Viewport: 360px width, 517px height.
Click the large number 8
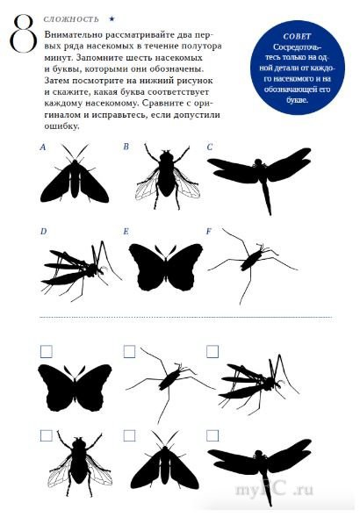[x=23, y=33]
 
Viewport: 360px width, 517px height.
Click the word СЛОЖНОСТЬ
[x=71, y=19]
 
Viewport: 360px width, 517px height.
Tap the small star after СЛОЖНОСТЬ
[x=112, y=19]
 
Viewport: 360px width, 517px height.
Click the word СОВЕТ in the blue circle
[x=297, y=37]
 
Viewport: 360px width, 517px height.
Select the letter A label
[x=42, y=147]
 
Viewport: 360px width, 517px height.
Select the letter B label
[x=126, y=147]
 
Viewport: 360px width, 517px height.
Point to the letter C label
[x=210, y=147]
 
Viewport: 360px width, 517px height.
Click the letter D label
[x=44, y=232]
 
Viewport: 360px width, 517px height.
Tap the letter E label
[x=126, y=232]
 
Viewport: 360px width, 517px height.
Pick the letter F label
[x=209, y=232]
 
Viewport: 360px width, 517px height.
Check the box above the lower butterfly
[x=47, y=352]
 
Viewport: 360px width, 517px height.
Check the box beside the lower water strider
[x=129, y=351]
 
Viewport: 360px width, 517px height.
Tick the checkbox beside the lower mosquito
[x=212, y=351]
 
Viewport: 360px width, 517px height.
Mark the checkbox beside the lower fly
[x=47, y=435]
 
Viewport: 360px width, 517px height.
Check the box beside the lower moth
[x=129, y=435]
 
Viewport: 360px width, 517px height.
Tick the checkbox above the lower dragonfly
[x=212, y=435]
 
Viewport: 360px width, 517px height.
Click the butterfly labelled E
[x=166, y=267]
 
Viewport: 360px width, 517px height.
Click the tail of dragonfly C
[x=267, y=198]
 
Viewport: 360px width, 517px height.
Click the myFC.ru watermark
[x=274, y=490]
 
